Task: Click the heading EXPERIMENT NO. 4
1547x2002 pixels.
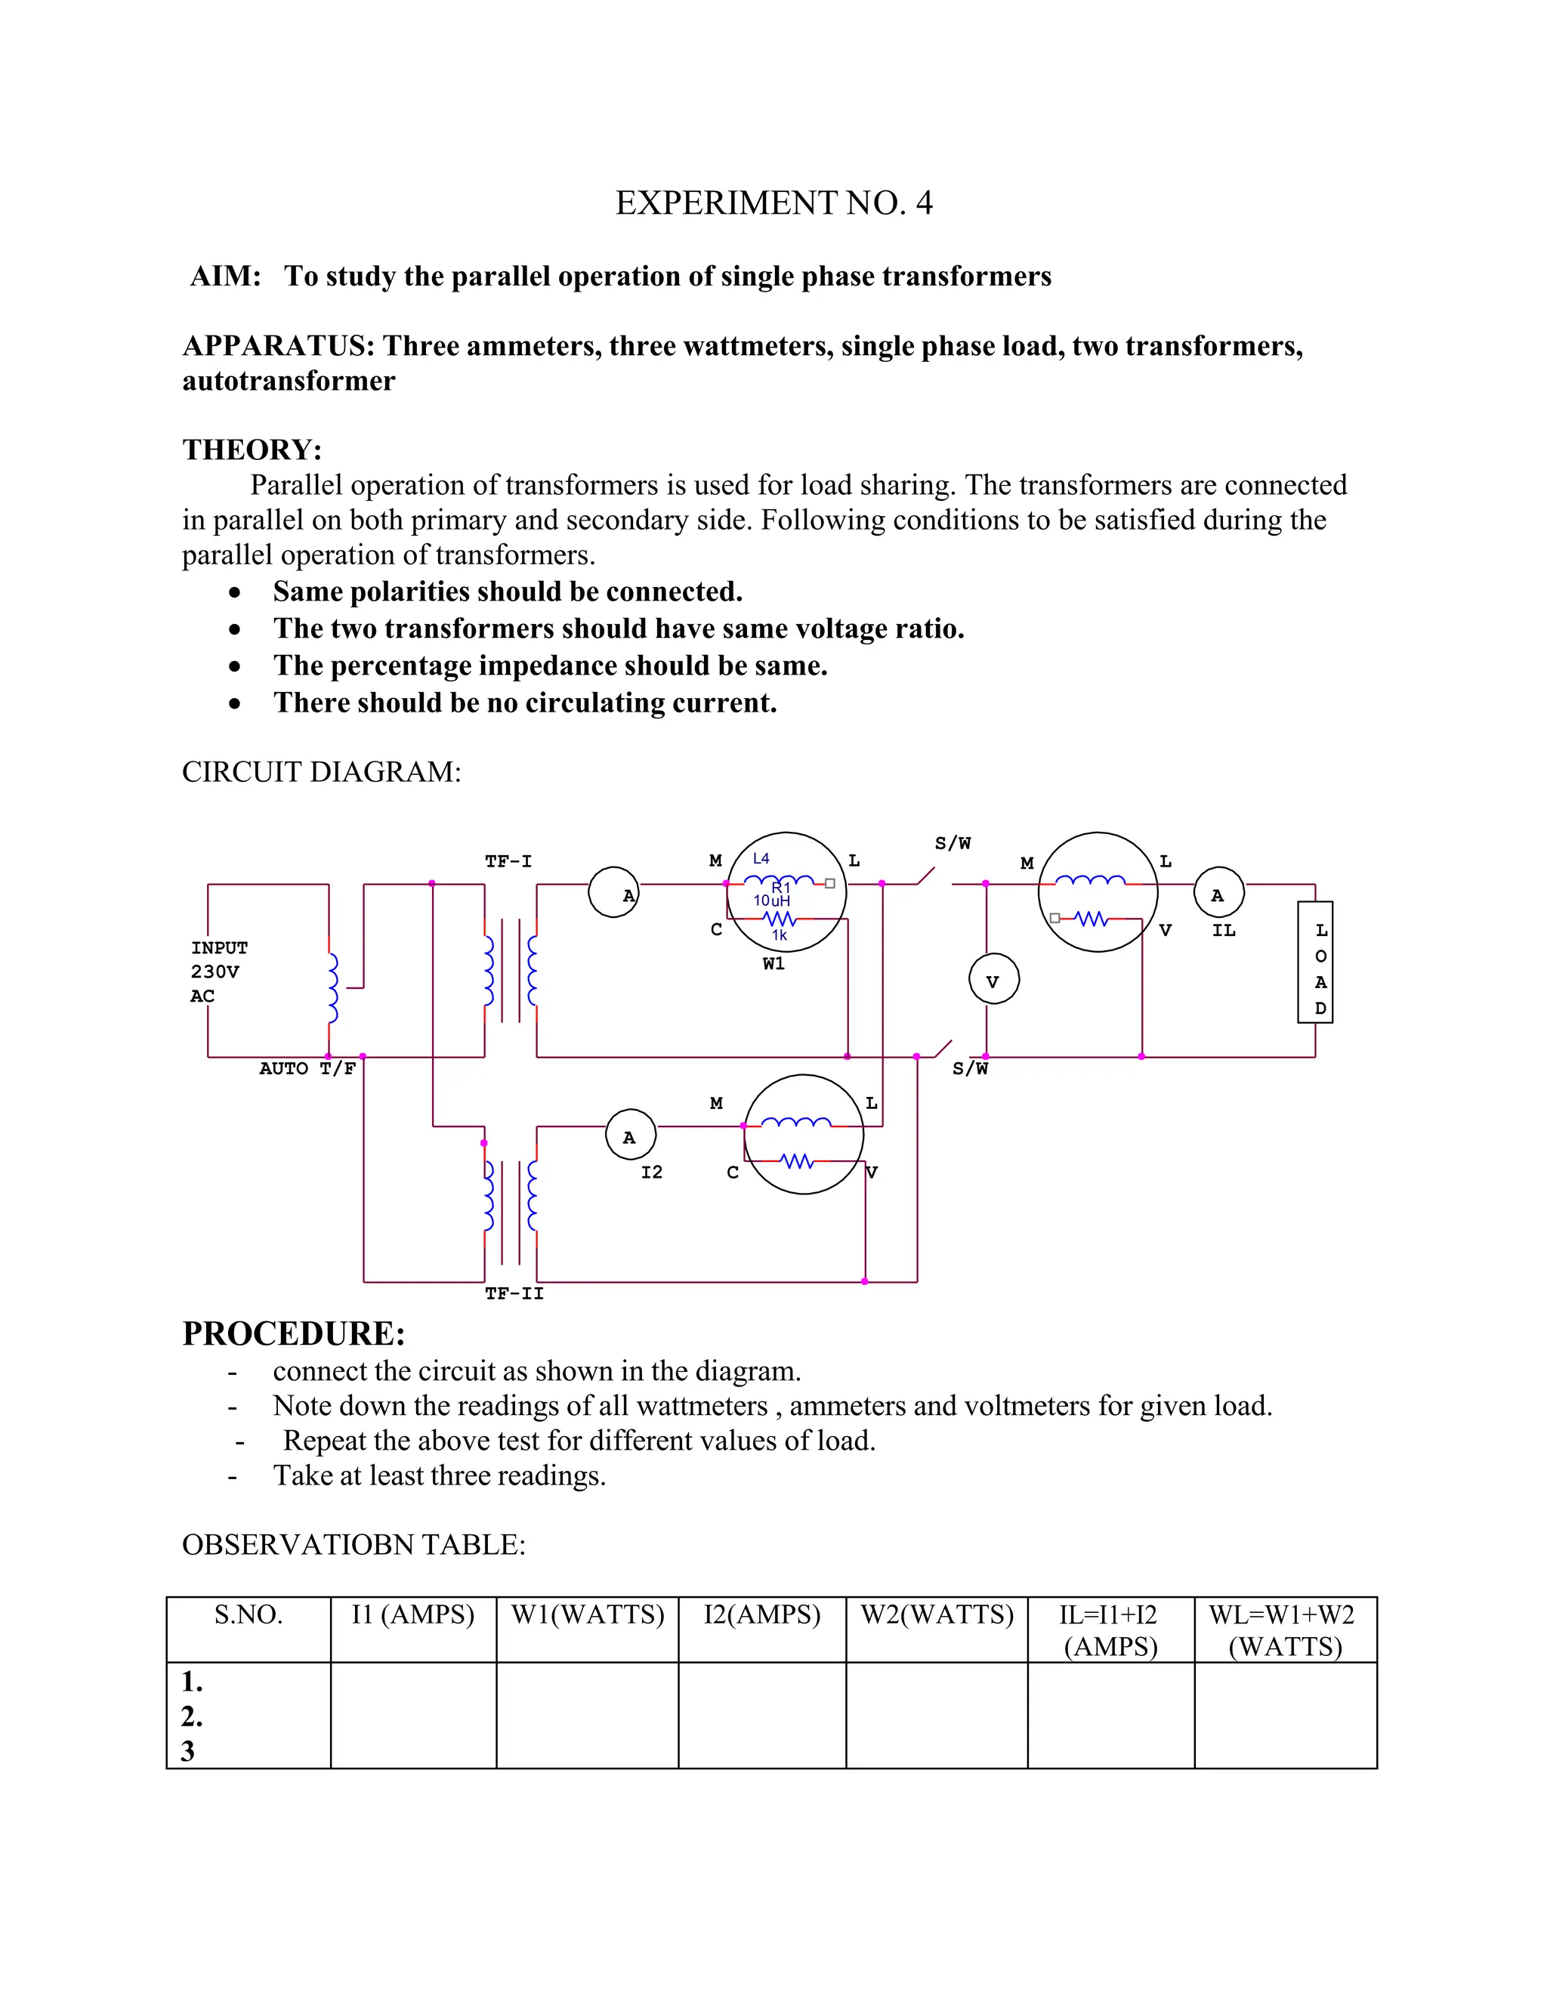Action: click(773, 202)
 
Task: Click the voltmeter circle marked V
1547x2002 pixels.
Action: click(993, 980)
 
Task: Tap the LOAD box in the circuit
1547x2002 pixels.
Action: click(1315, 962)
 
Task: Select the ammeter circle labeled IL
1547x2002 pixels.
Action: click(1218, 893)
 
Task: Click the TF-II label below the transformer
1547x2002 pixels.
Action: click(514, 1293)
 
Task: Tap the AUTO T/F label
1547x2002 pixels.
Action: click(307, 1069)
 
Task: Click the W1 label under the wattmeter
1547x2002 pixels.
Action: click(773, 964)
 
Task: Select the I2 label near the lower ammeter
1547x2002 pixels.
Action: click(652, 1172)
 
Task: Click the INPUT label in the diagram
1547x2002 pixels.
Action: click(219, 948)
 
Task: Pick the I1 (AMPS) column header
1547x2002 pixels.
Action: click(413, 1614)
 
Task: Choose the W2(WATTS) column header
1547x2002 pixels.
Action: click(937, 1614)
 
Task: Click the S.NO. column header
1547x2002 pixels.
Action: click(249, 1614)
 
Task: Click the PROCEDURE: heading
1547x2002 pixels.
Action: click(293, 1333)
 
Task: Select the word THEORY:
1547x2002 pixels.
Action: click(252, 450)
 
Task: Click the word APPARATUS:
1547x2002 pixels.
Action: click(279, 347)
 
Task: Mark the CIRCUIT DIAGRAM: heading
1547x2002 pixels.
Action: click(321, 772)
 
